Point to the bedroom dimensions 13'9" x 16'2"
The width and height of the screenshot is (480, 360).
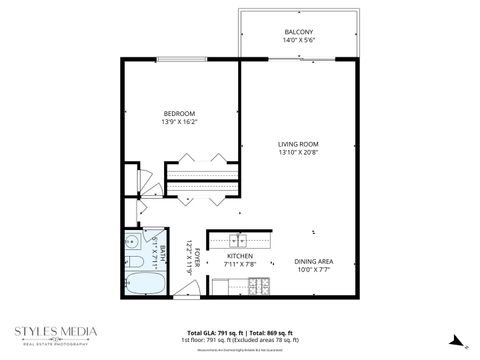(181, 121)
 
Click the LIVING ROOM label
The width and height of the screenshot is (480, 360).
(297, 145)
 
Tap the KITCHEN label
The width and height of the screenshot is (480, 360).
(240, 256)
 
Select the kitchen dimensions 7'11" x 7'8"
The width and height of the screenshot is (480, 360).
(240, 265)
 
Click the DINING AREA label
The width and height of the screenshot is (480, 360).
(313, 262)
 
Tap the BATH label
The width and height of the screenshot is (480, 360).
(162, 253)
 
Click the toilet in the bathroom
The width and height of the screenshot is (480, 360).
(133, 263)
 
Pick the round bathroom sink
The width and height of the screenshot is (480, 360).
(132, 242)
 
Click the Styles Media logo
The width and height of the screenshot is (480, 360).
(56, 335)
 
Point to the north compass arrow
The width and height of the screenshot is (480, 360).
(454, 339)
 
